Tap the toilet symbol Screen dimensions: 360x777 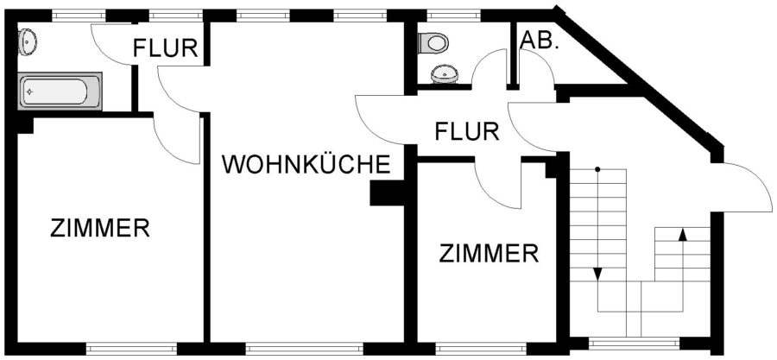[x=434, y=41]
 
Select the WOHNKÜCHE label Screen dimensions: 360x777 [x=307, y=164]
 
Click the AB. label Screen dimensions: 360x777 [x=540, y=41]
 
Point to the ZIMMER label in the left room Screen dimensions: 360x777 [x=100, y=229]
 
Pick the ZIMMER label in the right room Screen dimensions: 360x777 [x=489, y=254]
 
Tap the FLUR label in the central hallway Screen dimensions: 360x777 [x=467, y=132]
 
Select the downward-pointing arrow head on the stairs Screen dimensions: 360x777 [x=597, y=274]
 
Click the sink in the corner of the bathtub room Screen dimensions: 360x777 [x=28, y=39]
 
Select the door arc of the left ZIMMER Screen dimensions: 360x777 [x=177, y=138]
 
